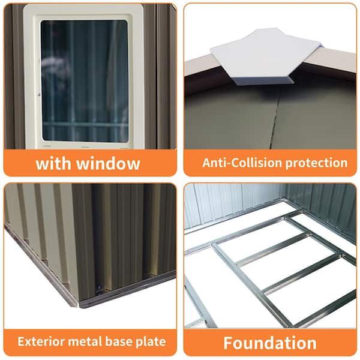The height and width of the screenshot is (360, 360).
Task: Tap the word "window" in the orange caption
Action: [108, 164]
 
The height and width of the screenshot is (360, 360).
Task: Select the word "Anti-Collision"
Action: [242, 163]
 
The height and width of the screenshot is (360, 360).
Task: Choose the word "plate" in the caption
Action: [151, 342]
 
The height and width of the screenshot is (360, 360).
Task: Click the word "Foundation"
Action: [270, 343]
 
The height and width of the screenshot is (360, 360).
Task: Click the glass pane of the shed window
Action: [85, 81]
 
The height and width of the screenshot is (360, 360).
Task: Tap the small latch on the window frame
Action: [39, 94]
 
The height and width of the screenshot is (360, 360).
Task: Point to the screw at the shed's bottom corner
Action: [100, 287]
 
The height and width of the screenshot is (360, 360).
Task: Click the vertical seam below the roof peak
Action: [275, 117]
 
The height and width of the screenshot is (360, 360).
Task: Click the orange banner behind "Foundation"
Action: [270, 343]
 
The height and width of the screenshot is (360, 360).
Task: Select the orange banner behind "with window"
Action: [90, 163]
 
